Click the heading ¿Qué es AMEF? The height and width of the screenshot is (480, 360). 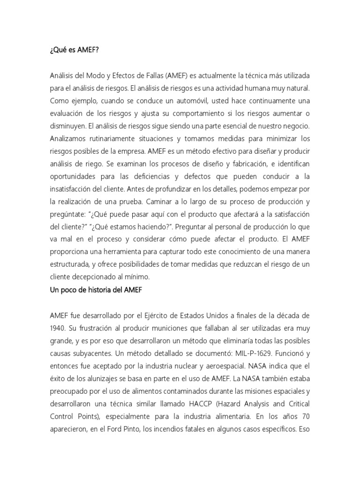pyautogui.click(x=74, y=51)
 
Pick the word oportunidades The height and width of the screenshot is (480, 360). pyautogui.click(x=75, y=177)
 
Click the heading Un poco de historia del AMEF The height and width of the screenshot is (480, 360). pyautogui.click(x=96, y=291)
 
